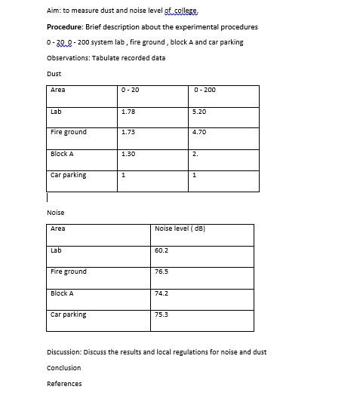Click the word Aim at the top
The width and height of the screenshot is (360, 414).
(53, 11)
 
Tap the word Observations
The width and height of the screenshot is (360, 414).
(67, 58)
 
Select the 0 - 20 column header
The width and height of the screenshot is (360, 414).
(130, 90)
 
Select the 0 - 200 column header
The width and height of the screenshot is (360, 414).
(204, 90)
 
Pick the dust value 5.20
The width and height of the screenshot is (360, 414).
(199, 112)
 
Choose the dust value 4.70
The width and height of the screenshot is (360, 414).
(199, 133)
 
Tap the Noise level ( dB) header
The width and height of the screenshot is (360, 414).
(180, 228)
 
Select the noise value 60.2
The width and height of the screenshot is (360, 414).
(161, 250)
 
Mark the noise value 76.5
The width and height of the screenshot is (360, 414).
(161, 271)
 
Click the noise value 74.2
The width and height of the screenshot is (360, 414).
(161, 293)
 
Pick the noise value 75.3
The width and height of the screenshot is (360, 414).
(161, 314)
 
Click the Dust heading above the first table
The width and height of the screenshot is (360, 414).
(54, 74)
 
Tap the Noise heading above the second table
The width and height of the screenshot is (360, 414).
(55, 213)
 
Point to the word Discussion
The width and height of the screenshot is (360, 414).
(64, 352)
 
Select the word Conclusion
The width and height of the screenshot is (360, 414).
(63, 368)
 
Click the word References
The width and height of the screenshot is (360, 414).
(64, 384)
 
